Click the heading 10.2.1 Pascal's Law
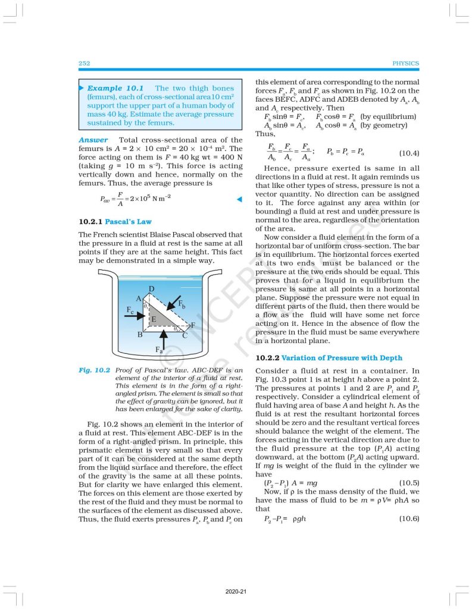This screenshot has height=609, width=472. click(115, 221)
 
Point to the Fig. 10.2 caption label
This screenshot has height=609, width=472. click(95, 371)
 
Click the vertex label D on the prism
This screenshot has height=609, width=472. click(152, 289)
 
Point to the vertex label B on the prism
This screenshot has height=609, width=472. click(140, 335)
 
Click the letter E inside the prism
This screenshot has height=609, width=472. click(153, 319)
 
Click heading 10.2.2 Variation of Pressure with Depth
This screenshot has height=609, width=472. click(329, 358)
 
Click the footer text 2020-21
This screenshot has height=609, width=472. click(236, 592)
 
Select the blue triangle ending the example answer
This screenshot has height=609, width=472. click(239, 199)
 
